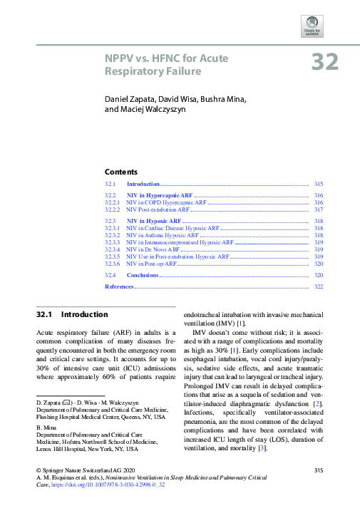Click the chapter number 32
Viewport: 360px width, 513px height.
pyautogui.click(x=325, y=62)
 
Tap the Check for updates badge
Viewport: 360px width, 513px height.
pyautogui.click(x=312, y=26)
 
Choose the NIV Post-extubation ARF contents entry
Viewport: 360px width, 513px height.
pyautogui.click(x=158, y=210)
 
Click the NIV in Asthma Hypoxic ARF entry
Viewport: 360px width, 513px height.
pyautogui.click(x=163, y=235)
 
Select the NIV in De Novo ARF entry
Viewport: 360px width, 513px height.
pyautogui.click(x=153, y=249)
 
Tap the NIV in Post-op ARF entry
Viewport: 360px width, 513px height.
pyautogui.click(x=151, y=264)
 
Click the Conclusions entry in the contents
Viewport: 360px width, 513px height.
pyautogui.click(x=143, y=274)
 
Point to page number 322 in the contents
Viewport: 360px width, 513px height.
pyautogui.click(x=319, y=286)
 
